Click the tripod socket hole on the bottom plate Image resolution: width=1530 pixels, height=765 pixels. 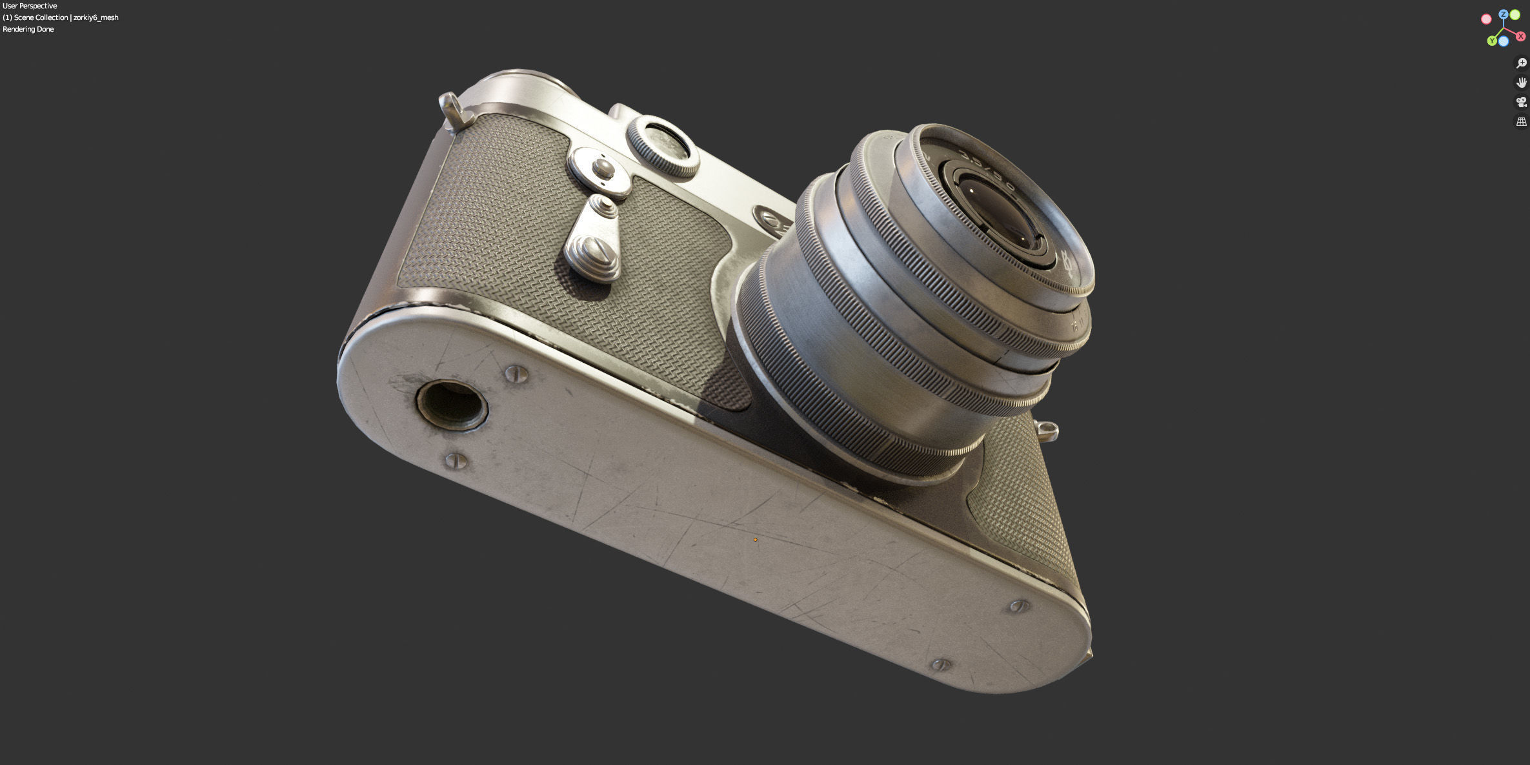pos(452,405)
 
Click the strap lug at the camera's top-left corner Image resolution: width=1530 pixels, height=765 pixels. pos(453,109)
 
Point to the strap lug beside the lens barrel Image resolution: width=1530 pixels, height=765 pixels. pos(1047,431)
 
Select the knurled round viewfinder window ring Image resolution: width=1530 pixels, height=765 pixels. pos(662,145)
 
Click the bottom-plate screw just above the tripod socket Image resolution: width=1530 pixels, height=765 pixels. pos(515,373)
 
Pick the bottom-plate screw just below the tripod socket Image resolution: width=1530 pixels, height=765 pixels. pos(457,460)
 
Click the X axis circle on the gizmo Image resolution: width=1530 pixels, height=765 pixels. pos(1520,36)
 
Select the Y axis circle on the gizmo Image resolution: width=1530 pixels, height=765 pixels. pos(1492,41)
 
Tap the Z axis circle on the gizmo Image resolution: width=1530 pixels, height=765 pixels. pos(1504,14)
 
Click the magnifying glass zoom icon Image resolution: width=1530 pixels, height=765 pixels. pos(1521,63)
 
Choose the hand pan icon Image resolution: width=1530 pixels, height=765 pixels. pos(1521,83)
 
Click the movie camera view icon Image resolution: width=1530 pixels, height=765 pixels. pos(1521,102)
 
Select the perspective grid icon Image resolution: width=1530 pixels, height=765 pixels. pos(1521,121)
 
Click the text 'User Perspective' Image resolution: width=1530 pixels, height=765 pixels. pos(30,6)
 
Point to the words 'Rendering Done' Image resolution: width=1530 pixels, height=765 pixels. pos(28,29)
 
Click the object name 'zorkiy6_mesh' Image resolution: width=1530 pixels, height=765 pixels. pos(96,17)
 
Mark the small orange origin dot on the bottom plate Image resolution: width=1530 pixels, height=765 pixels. pos(755,539)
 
